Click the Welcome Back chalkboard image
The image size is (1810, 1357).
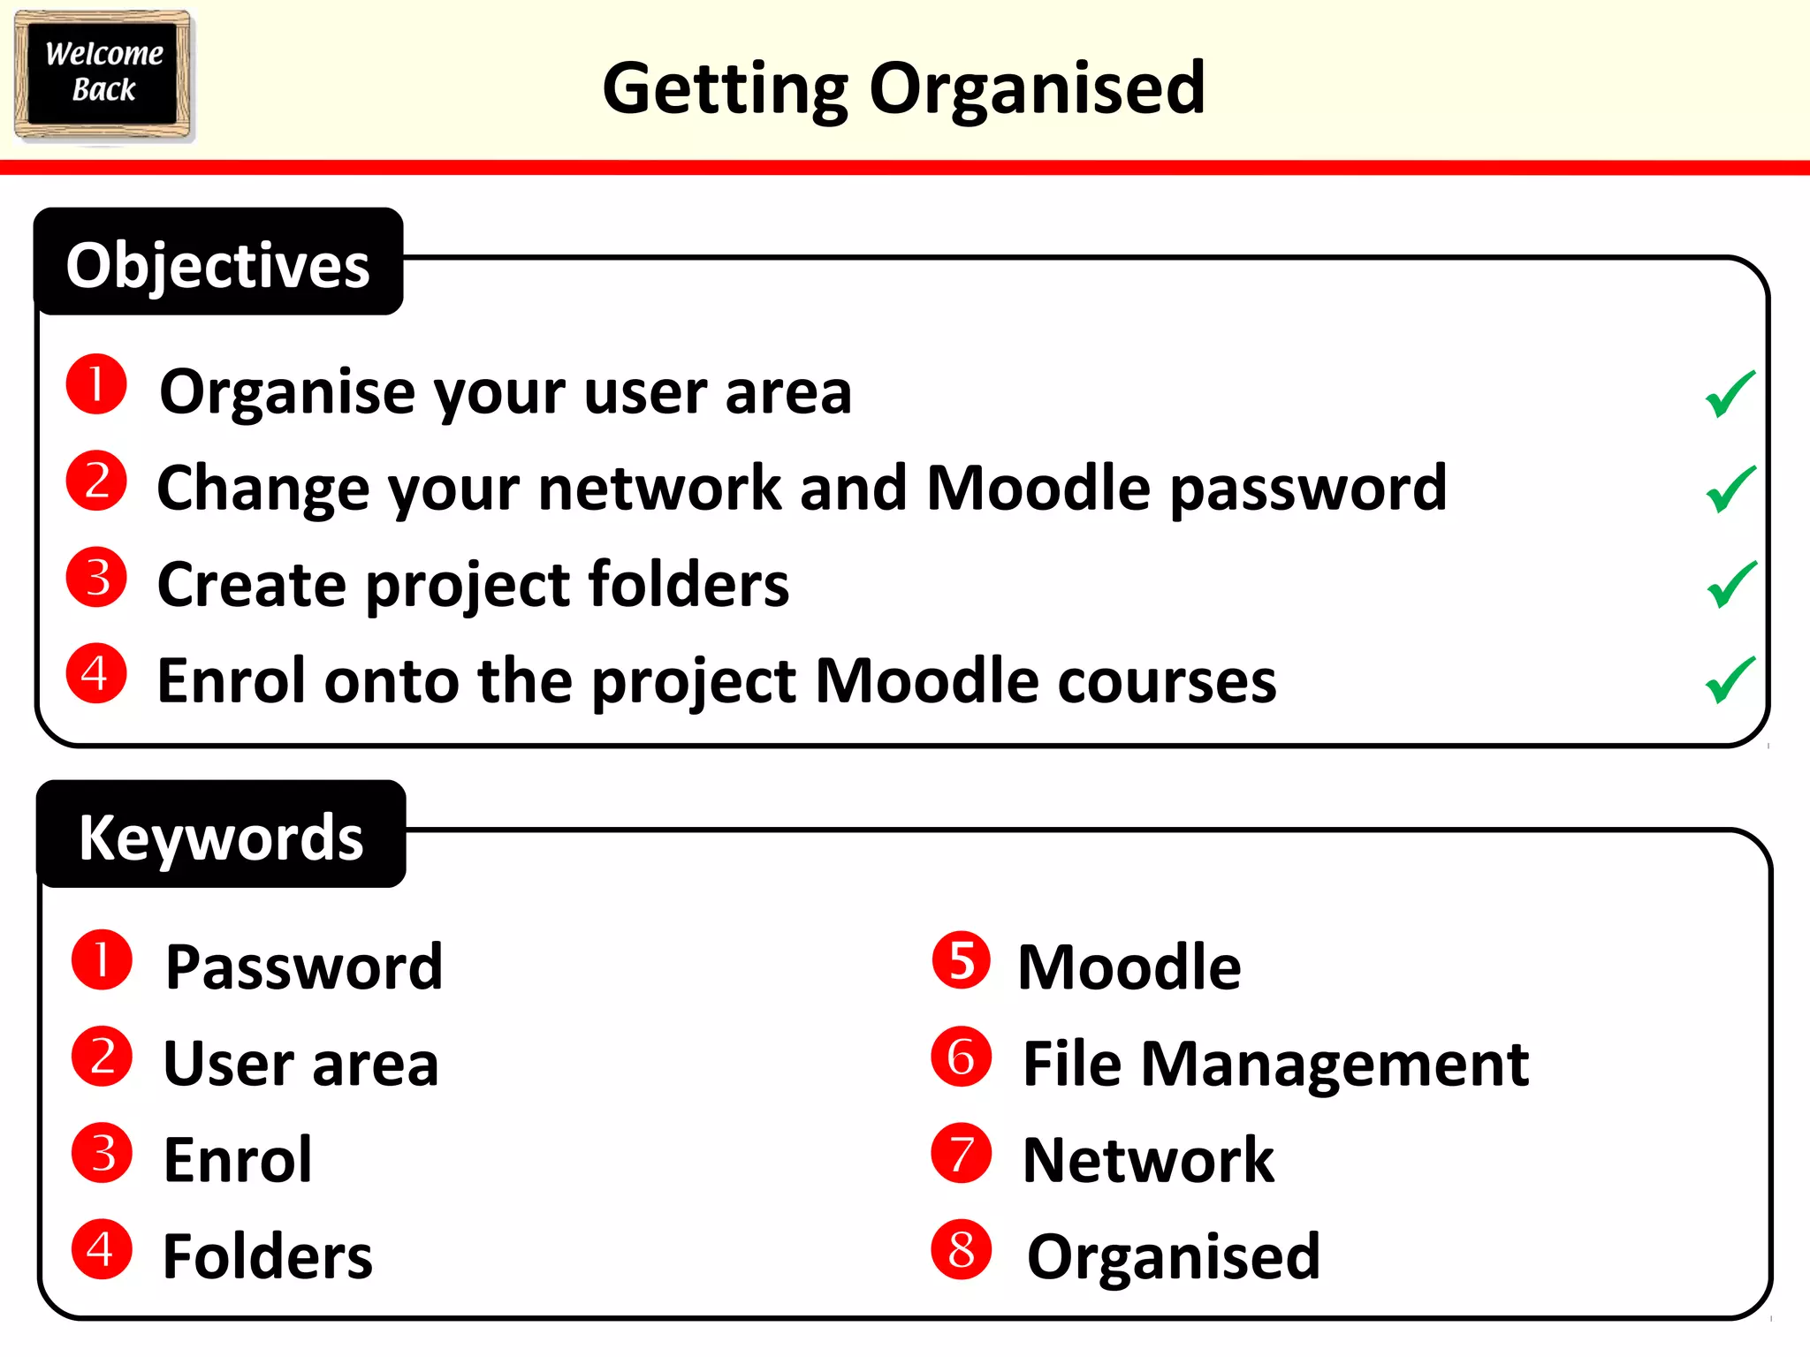click(x=103, y=75)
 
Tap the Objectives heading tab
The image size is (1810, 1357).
click(x=218, y=264)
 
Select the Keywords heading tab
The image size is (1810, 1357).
click(x=221, y=837)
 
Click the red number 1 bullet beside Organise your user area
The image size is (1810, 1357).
click(x=97, y=384)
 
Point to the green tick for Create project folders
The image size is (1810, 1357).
click(x=1731, y=584)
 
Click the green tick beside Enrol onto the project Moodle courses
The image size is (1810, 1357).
click(x=1730, y=679)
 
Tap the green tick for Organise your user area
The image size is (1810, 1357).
click(x=1730, y=393)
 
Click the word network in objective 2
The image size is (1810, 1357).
click(x=659, y=488)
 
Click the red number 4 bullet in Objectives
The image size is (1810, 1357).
click(x=97, y=673)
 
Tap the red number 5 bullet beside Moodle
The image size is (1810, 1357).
click(x=962, y=960)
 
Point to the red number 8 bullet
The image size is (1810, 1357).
click(x=962, y=1249)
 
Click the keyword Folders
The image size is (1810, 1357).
click(x=268, y=1255)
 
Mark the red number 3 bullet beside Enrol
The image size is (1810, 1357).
click(x=103, y=1153)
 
